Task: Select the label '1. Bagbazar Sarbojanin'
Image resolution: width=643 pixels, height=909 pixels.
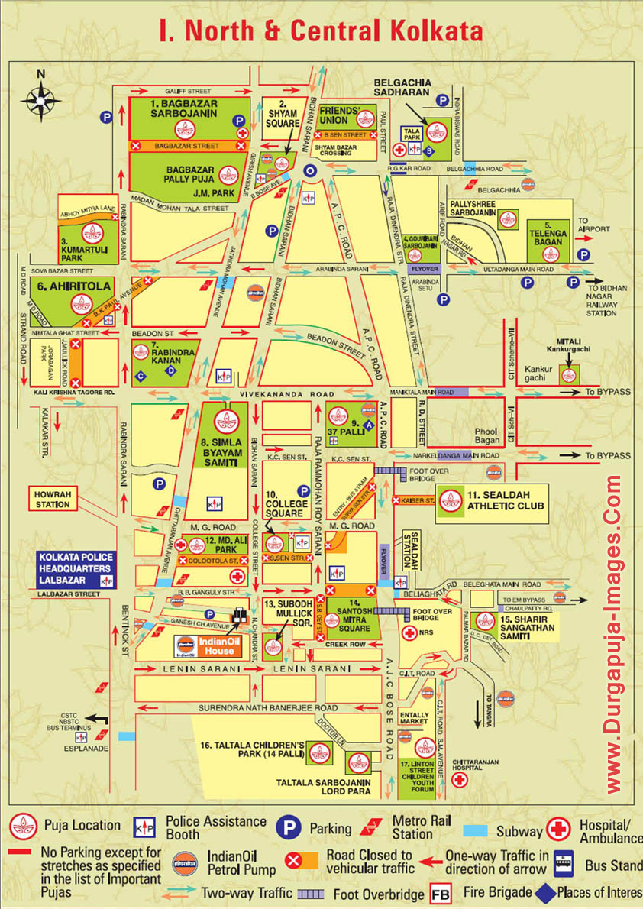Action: [183, 108]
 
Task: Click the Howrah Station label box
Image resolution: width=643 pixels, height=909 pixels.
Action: [52, 500]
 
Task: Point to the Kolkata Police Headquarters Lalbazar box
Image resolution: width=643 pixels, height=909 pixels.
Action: [76, 568]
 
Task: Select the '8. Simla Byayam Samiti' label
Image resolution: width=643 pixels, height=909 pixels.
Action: [227, 452]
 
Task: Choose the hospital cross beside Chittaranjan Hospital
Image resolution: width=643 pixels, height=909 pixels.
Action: [459, 779]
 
